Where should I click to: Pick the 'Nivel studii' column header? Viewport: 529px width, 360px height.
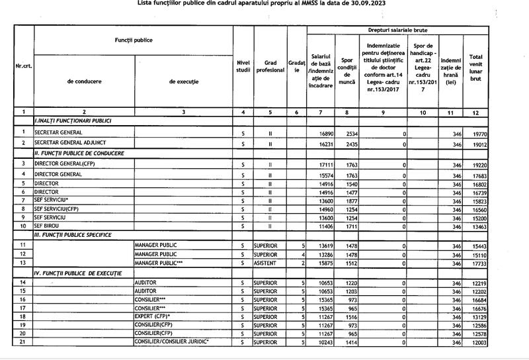[243, 66]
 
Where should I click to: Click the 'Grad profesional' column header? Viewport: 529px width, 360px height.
[270, 66]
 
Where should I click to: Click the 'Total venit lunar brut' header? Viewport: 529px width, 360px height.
[475, 66]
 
